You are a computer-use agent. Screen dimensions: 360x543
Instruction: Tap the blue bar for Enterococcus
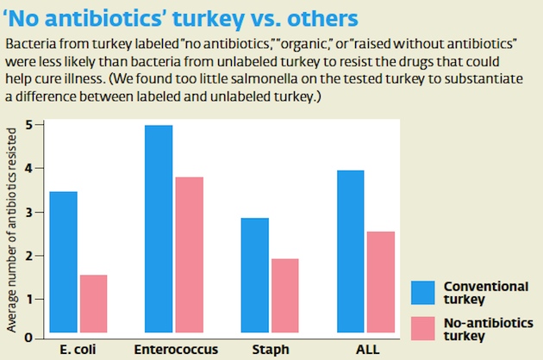click(158, 228)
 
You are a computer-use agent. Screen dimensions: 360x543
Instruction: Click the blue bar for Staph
click(253, 275)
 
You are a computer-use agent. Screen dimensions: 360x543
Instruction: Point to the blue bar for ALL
click(349, 251)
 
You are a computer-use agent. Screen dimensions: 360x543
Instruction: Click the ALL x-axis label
click(367, 351)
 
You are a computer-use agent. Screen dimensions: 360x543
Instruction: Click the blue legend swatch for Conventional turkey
click(423, 293)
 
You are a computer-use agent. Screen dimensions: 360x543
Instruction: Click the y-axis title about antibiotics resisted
click(11, 228)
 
